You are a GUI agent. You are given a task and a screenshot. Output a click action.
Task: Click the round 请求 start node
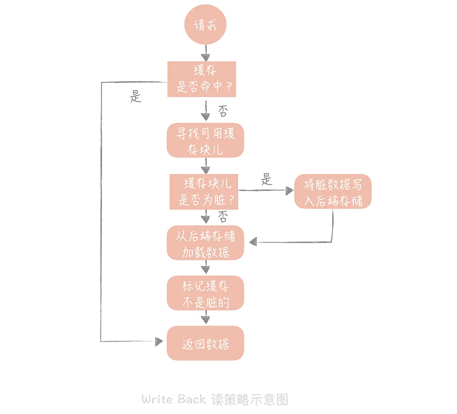(205, 26)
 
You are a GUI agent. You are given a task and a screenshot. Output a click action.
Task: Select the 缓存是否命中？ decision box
(202, 79)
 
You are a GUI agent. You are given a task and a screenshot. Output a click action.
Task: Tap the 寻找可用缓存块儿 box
(205, 140)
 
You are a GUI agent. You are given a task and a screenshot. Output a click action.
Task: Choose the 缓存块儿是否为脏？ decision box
(204, 191)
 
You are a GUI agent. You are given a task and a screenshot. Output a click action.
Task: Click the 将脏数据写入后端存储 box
(333, 191)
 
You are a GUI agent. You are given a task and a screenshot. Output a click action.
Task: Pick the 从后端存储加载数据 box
(205, 243)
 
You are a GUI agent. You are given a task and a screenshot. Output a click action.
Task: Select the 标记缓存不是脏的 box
(205, 293)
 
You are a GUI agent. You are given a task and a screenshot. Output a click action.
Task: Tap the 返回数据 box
(205, 343)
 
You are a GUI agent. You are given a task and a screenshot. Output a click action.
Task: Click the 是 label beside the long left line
(136, 96)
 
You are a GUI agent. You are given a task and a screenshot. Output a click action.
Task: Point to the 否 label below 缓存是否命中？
(223, 111)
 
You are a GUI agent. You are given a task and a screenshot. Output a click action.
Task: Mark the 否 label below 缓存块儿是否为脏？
(223, 217)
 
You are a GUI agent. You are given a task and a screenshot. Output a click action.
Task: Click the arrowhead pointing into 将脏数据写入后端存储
(289, 191)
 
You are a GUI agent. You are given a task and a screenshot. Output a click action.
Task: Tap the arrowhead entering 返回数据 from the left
(159, 342)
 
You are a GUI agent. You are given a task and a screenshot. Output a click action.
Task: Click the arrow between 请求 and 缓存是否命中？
(205, 52)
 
